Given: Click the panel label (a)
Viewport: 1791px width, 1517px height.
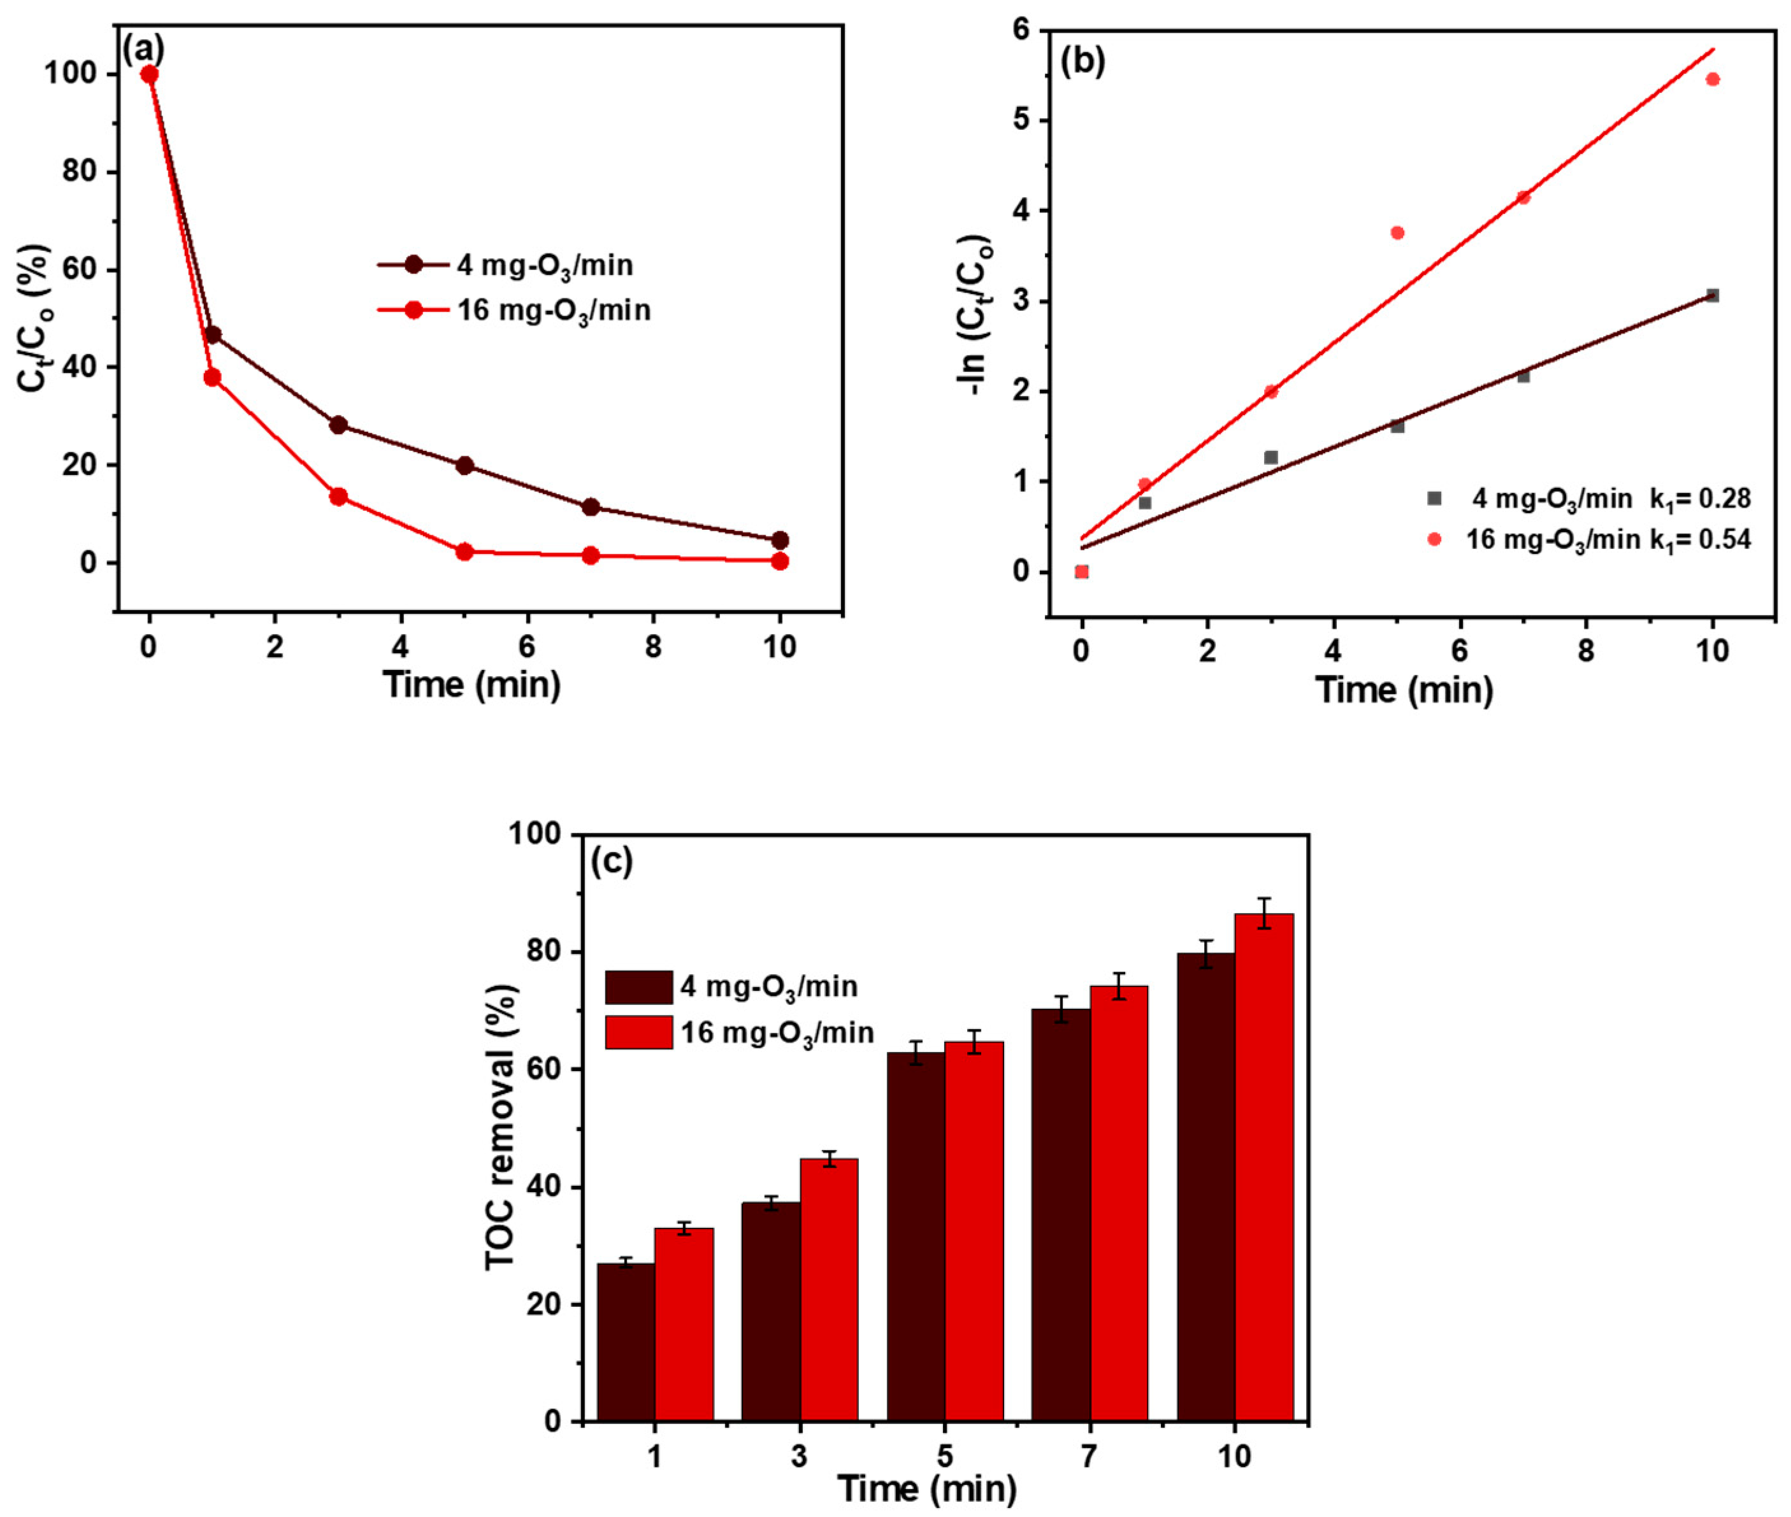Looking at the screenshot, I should pos(143,50).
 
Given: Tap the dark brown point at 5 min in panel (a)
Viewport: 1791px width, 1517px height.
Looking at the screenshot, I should pos(464,466).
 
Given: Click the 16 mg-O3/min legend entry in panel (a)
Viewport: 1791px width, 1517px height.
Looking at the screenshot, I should pos(553,310).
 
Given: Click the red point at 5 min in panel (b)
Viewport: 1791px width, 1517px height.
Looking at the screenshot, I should pos(1397,232).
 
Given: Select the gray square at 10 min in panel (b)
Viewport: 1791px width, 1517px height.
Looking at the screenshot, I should pos(1712,295).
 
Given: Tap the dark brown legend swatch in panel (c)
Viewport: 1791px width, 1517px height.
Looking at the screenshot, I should pos(638,987).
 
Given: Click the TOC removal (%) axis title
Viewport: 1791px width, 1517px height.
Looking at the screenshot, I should pos(501,1126).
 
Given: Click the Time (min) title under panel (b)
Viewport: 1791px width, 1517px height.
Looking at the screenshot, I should pos(1404,690).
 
